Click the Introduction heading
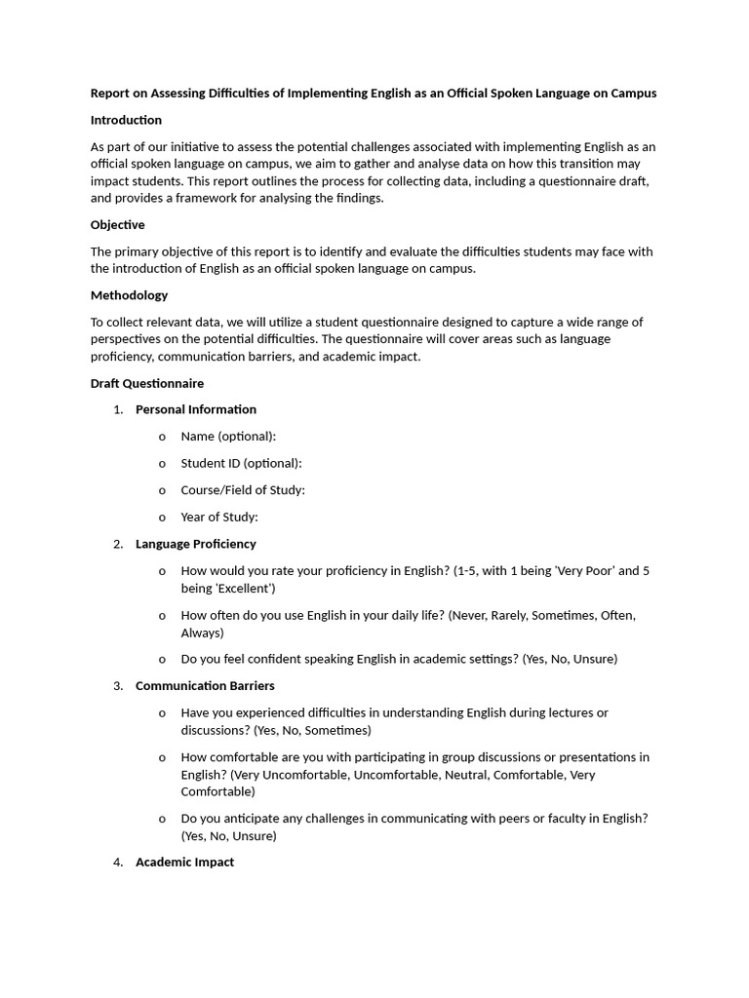pos(126,120)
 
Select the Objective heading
pos(117,225)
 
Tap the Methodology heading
pos(129,295)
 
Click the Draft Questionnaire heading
pos(146,384)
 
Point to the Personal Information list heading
pos(195,409)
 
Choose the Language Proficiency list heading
pos(195,544)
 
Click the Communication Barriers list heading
pos(205,686)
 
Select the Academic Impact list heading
pos(184,863)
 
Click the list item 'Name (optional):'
pos(228,437)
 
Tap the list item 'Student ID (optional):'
pos(241,464)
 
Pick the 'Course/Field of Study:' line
pos(243,490)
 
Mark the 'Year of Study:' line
pos(219,518)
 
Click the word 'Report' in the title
pos(110,94)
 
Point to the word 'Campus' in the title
pos(633,94)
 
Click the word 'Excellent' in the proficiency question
pos(244,589)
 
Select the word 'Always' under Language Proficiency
pos(202,633)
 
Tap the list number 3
pos(117,686)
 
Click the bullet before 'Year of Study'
pos(162,518)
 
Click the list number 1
pos(117,409)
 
